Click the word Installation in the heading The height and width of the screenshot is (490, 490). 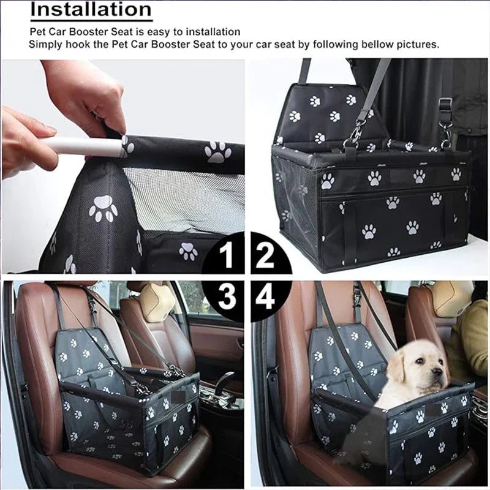91,10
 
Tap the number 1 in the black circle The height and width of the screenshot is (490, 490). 227,256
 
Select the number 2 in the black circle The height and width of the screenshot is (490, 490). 265,256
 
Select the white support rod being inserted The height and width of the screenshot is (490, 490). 80,146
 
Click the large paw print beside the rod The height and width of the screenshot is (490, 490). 217,152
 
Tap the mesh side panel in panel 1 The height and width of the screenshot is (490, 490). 184,196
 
